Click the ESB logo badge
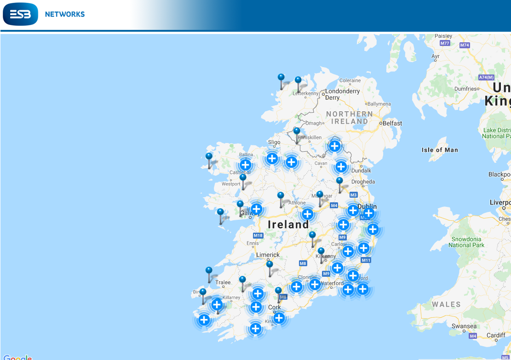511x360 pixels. coord(20,14)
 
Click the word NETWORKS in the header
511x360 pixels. coord(65,14)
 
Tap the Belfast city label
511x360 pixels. coord(392,123)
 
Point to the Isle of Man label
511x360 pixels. coord(440,150)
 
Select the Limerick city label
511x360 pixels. coord(268,255)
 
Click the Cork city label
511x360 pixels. coord(275,307)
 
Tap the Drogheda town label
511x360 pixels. coord(363,182)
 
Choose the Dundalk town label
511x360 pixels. coord(361,171)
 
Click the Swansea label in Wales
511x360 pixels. coord(464,326)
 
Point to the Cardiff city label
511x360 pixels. coord(496,335)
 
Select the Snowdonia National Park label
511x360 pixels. coord(466,242)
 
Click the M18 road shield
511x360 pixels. coord(258,236)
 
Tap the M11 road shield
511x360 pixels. coord(366,260)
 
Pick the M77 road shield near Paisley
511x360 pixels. coord(444,43)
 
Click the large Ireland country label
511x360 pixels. coord(288,225)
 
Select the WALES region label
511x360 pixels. coord(446,304)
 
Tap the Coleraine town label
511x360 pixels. coord(350,81)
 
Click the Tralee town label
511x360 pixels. coord(223,282)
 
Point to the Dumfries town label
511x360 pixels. coord(466,88)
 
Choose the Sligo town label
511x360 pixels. coord(274,143)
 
